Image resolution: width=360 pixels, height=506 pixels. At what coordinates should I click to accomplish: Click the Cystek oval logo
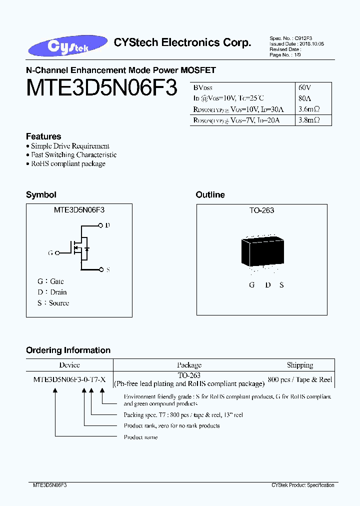pos(68,45)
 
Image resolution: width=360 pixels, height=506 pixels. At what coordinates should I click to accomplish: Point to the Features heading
pos(43,136)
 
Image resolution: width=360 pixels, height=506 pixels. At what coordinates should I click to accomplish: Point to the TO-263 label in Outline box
pos(262,210)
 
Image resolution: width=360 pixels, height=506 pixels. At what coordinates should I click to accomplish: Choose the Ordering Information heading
pos(68,350)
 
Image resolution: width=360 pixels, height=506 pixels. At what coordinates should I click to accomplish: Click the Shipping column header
pos(300,365)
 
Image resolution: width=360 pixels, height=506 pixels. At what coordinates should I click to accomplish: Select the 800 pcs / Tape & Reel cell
pos(300,379)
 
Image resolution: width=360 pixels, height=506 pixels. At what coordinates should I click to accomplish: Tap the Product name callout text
pos(140,437)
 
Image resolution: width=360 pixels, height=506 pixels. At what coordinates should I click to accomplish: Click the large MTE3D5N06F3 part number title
pos(101,88)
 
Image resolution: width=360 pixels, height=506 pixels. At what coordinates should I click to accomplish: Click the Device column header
pos(69,365)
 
